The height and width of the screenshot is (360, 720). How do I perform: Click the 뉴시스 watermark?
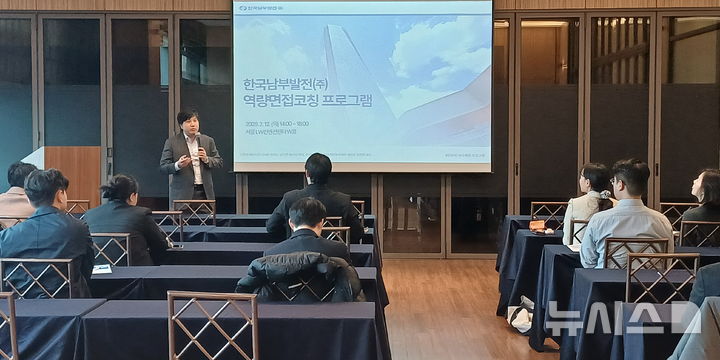(620, 318)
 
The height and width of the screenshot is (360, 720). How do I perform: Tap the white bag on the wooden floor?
(520, 317)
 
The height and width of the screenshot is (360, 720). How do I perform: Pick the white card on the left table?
(102, 269)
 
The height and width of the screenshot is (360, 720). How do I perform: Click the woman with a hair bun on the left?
(124, 220)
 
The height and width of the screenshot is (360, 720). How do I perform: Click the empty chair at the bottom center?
(212, 325)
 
